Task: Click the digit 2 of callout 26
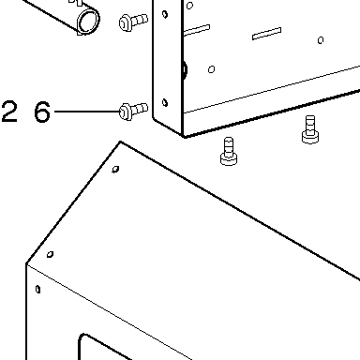[x=9, y=112]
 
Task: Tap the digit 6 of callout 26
[x=42, y=112]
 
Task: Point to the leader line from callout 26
[x=87, y=112]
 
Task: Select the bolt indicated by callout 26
[x=133, y=111]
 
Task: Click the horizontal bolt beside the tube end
[x=133, y=22]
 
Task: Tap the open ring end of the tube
[x=88, y=21]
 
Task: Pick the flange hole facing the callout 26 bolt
[x=165, y=102]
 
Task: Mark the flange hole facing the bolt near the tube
[x=165, y=14]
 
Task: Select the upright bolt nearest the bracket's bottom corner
[x=229, y=151]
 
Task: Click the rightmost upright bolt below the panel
[x=310, y=129]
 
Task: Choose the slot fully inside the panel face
[x=266, y=34]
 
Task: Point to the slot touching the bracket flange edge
[x=197, y=30]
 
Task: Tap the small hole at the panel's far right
[x=321, y=40]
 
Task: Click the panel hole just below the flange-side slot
[x=211, y=69]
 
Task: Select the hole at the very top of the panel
[x=189, y=6]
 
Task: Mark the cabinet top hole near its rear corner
[x=115, y=169]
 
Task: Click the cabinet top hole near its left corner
[x=50, y=254]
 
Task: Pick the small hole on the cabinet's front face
[x=37, y=290]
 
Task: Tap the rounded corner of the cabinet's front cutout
[x=82, y=338]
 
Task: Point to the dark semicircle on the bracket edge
[x=185, y=69]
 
